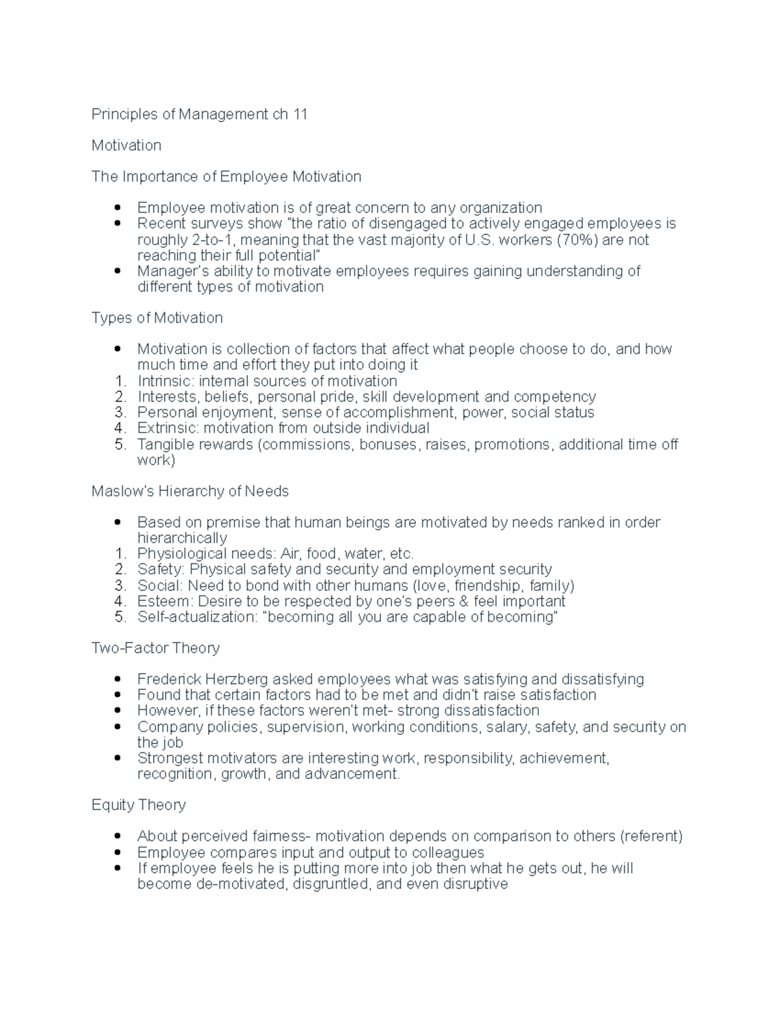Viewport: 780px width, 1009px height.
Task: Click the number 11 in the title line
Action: (x=300, y=114)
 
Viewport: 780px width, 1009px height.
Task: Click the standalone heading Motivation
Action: (x=126, y=146)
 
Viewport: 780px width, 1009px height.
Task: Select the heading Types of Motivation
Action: (x=157, y=318)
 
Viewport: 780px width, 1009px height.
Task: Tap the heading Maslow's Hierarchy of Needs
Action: (x=190, y=491)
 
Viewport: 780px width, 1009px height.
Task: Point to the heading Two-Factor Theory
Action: (x=155, y=648)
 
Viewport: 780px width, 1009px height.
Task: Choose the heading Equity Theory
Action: (x=138, y=805)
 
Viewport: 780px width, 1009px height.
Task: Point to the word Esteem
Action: (x=164, y=601)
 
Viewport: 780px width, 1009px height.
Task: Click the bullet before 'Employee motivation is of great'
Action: (x=118, y=208)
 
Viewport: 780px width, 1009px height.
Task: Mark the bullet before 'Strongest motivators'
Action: (x=118, y=758)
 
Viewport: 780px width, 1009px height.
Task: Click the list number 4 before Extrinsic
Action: (x=119, y=428)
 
